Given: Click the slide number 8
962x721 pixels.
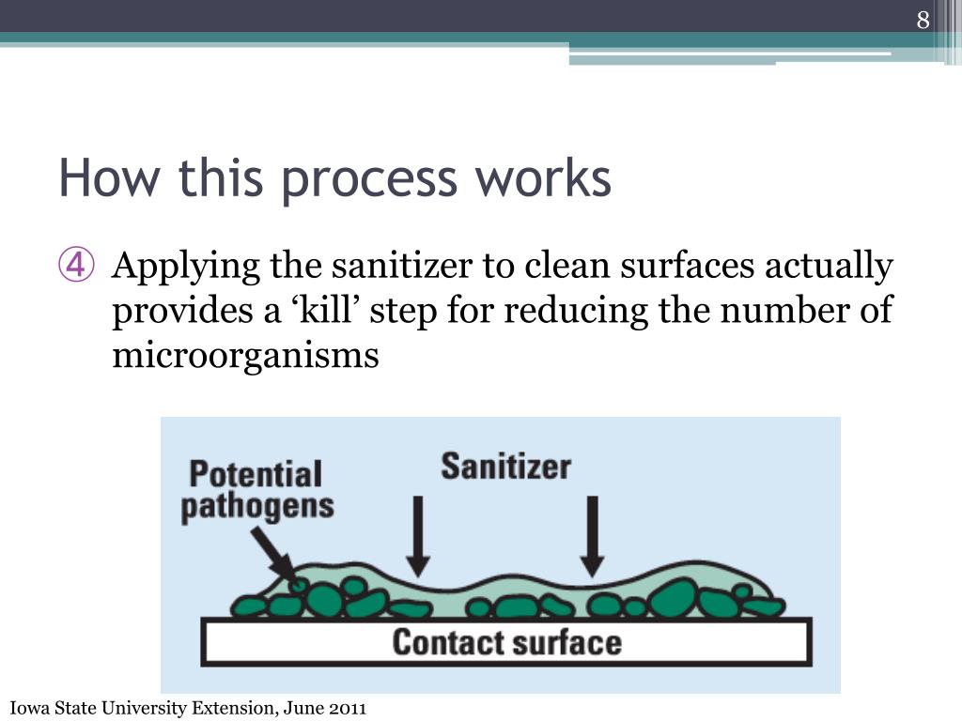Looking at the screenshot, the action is click(923, 21).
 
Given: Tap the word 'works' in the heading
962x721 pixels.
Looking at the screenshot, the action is click(556, 178).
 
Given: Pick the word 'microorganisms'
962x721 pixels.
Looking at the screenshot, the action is click(245, 356).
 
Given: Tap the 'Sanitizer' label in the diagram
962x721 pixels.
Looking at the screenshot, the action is click(505, 467).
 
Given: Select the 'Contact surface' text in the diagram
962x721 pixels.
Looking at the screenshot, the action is click(506, 643).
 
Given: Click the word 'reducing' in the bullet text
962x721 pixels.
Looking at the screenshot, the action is click(579, 311).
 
